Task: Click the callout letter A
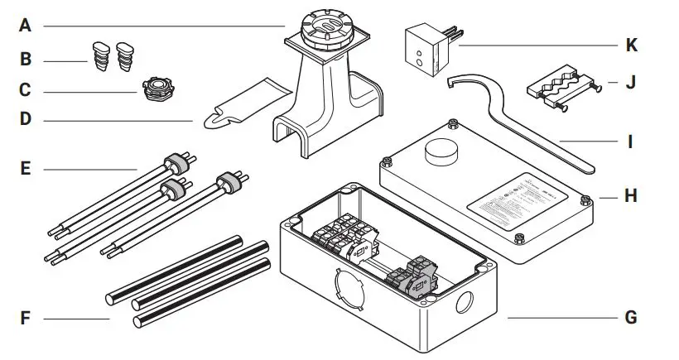pos(26,26)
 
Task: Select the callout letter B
pos(26,60)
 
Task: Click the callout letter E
pos(26,170)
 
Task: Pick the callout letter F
pos(26,318)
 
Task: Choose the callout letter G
pos(631,318)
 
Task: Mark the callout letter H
pos(631,198)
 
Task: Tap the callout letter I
pos(631,142)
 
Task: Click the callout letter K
pos(631,45)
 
